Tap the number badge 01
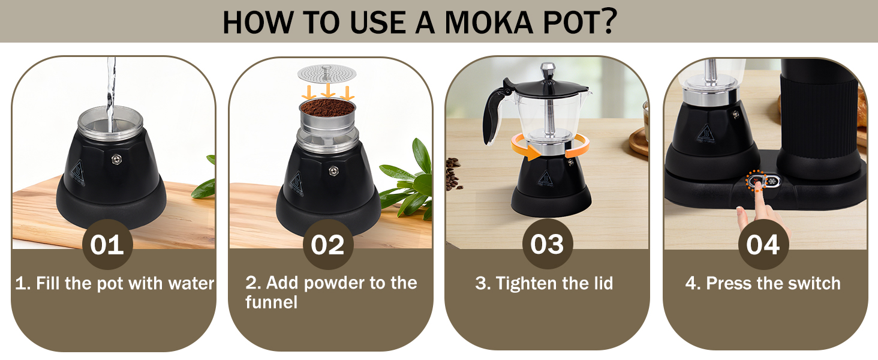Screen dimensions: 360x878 [x=107, y=245]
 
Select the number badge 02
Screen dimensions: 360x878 [x=327, y=245]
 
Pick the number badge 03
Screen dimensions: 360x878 [x=547, y=245]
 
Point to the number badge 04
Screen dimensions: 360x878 [x=763, y=245]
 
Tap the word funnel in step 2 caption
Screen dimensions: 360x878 [x=271, y=302]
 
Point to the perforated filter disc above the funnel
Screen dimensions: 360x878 [x=327, y=74]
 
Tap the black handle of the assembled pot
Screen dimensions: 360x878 [x=495, y=114]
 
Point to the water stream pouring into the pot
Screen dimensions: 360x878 [x=110, y=90]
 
